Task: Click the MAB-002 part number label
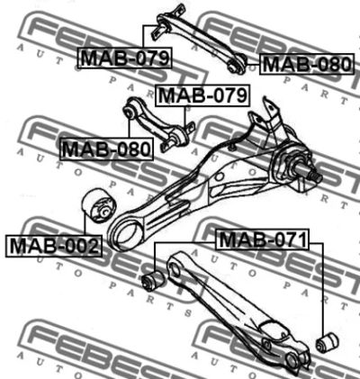point(54,246)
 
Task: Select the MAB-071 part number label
point(263,239)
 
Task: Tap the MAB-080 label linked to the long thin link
point(307,64)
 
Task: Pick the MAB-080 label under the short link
point(106,149)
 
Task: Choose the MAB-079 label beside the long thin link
point(125,58)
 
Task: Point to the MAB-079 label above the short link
point(202,95)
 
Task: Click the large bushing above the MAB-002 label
point(99,205)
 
